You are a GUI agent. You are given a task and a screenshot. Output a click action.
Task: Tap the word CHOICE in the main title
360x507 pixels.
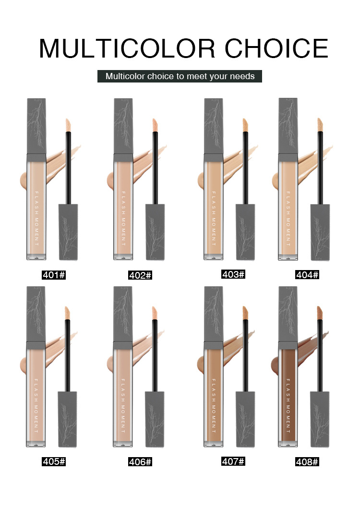pyautogui.click(x=276, y=48)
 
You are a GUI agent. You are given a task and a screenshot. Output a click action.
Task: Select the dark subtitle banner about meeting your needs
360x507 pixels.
pyautogui.click(x=180, y=76)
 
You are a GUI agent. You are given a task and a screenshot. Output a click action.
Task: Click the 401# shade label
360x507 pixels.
pyautogui.click(x=54, y=275)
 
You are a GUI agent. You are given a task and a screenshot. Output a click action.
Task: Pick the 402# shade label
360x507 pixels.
pyautogui.click(x=140, y=275)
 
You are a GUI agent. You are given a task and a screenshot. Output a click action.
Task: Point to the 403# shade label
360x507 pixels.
pyautogui.click(x=233, y=274)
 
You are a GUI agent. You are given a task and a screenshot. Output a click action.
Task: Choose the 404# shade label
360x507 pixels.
pyautogui.click(x=307, y=275)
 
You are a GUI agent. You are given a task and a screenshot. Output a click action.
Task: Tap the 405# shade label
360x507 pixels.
pyautogui.click(x=54, y=461)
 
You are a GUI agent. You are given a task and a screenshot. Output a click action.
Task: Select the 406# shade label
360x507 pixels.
pyautogui.click(x=140, y=462)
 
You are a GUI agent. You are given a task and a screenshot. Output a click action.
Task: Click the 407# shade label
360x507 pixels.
pyautogui.click(x=233, y=461)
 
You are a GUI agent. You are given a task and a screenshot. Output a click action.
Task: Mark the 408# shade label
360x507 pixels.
pyautogui.click(x=307, y=462)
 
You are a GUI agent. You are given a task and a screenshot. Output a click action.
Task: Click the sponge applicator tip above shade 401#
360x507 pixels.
pyautogui.click(x=68, y=125)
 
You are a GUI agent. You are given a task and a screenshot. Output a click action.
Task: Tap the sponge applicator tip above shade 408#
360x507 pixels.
pyautogui.click(x=320, y=313)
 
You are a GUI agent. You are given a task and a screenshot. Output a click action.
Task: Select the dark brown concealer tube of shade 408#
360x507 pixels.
pyautogui.click(x=288, y=394)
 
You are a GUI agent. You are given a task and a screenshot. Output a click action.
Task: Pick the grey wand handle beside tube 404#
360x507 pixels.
pyautogui.click(x=320, y=232)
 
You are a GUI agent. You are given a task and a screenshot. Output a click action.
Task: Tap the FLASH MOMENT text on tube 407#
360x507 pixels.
pyautogui.click(x=214, y=406)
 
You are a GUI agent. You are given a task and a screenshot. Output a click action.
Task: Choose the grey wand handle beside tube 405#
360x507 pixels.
pyautogui.click(x=67, y=419)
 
